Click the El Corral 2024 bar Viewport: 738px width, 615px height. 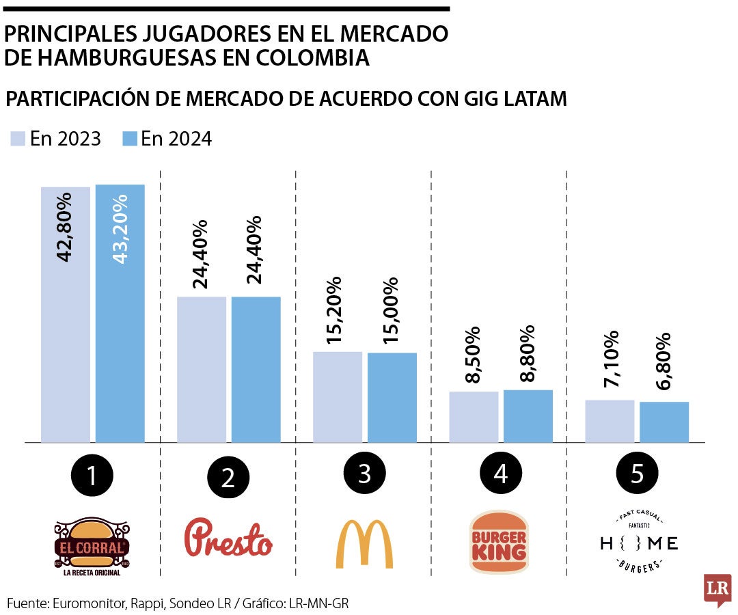pos(120,314)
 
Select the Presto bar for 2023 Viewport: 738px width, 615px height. pos(202,369)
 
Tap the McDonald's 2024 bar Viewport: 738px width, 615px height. pos(392,397)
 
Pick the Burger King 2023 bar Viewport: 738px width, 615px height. pos(474,417)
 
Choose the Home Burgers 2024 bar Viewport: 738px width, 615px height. pos(664,422)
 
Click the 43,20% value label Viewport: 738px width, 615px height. pos(120,229)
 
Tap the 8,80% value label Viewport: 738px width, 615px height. pos(527,355)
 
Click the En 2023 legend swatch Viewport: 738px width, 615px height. pos(17,139)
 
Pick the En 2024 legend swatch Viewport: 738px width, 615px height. pos(129,139)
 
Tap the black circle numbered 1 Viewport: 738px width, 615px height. pos(92,475)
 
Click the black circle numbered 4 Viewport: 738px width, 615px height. pos(501,475)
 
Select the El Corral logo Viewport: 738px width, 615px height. pos(92,545)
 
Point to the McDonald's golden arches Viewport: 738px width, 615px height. pos(364,544)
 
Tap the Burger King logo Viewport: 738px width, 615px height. pos(499,543)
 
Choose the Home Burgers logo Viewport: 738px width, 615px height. pos(639,543)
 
